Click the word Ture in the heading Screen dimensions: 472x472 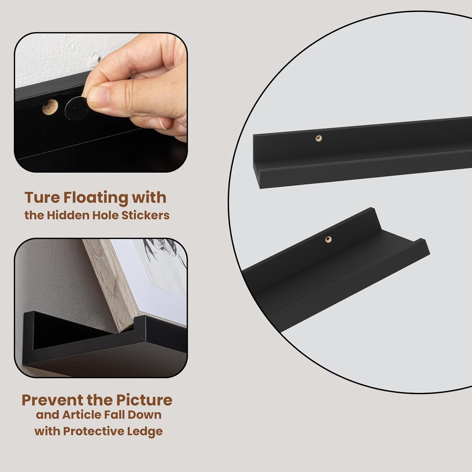(x=42, y=198)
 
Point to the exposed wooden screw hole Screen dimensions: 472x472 (x=51, y=108)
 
